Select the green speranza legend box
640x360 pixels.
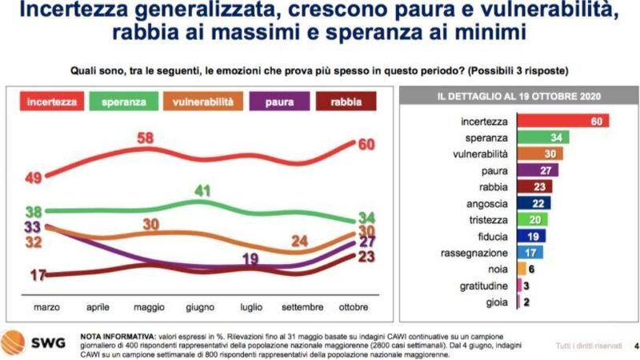[126, 102]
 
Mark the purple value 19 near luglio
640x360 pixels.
[250, 258]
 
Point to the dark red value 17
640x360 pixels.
[37, 275]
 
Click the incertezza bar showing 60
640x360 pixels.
[564, 121]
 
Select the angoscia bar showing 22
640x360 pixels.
[535, 204]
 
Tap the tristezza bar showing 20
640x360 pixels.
[534, 220]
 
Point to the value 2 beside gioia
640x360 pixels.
[527, 302]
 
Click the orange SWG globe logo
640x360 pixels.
[14, 342]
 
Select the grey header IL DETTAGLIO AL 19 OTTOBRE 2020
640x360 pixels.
[519, 97]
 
